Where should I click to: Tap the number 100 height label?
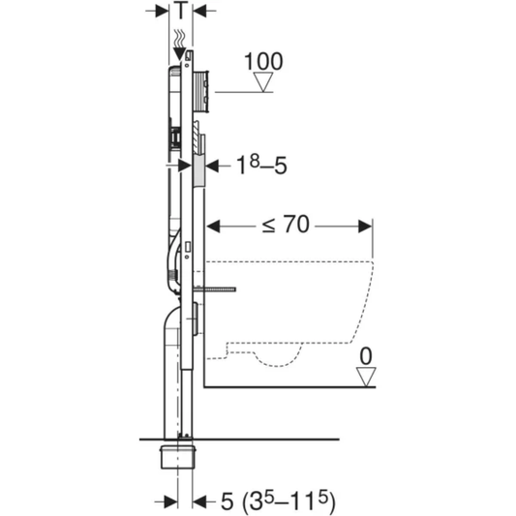262,61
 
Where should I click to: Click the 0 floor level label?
365,357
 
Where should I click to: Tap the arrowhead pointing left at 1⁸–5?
214,166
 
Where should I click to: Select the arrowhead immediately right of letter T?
199,12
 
